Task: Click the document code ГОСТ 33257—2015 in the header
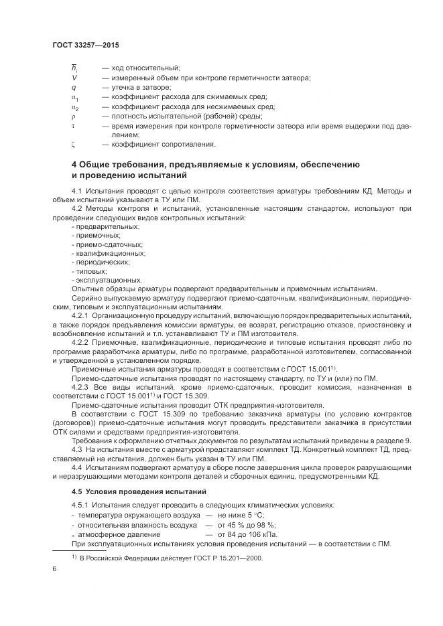click(85, 45)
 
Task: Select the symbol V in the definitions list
click(73, 78)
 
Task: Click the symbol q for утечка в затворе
click(73, 87)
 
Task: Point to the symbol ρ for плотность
click(73, 115)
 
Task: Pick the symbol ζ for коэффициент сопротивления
click(73, 143)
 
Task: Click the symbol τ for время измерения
click(73, 125)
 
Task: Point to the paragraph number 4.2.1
click(80, 314)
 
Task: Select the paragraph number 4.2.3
click(80, 386)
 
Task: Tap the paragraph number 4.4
click(77, 467)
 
